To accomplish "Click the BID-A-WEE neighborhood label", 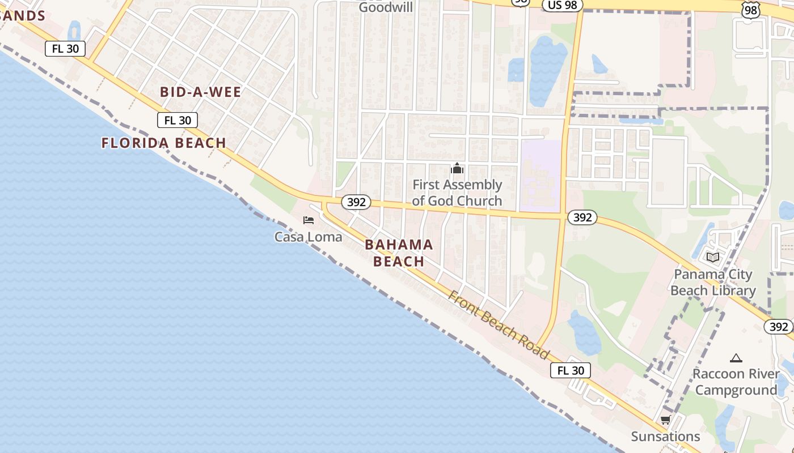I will (x=200, y=92).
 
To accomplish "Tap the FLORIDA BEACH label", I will (x=164, y=143).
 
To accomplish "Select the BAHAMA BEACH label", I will (x=399, y=253).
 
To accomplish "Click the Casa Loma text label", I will (x=308, y=237).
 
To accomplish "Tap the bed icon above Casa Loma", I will (x=309, y=220).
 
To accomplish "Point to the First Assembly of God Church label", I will (x=457, y=193).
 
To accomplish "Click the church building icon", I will (x=457, y=168).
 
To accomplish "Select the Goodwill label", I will (x=386, y=7).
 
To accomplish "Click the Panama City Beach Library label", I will (x=713, y=283).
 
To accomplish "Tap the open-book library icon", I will (x=713, y=257).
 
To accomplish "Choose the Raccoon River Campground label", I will (x=736, y=382).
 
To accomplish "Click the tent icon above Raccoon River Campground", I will (x=736, y=358).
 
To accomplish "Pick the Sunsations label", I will (x=665, y=437).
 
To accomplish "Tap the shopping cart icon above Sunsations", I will (x=665, y=420).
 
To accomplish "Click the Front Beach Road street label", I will (x=499, y=325).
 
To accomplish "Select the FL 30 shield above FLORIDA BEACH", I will (x=178, y=120).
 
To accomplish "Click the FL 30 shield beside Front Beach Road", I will (x=571, y=370).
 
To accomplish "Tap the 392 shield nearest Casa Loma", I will (x=356, y=202).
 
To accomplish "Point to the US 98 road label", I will (x=563, y=5).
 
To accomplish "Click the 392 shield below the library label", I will (x=779, y=327).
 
